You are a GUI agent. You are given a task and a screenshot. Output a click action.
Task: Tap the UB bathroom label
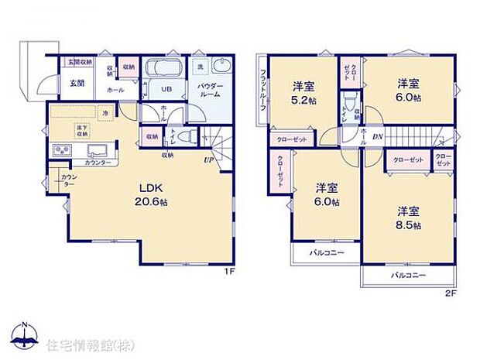pyautogui.click(x=166, y=90)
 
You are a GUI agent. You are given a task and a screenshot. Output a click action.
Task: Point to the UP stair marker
pyautogui.click(x=209, y=160)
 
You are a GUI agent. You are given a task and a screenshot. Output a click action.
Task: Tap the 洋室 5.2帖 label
pyautogui.click(x=303, y=94)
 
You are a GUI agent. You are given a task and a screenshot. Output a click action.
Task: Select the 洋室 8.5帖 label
pyautogui.click(x=409, y=218)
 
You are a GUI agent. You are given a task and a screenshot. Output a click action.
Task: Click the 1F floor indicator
pyautogui.click(x=230, y=272)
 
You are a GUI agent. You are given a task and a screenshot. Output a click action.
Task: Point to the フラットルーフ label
pyautogui.click(x=263, y=90)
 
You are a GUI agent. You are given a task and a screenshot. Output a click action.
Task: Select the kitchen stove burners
pyautogui.click(x=60, y=150)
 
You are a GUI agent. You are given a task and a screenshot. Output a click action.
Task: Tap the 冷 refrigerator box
pyautogui.click(x=106, y=113)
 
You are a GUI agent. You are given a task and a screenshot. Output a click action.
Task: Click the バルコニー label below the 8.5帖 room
pyautogui.click(x=406, y=275)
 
